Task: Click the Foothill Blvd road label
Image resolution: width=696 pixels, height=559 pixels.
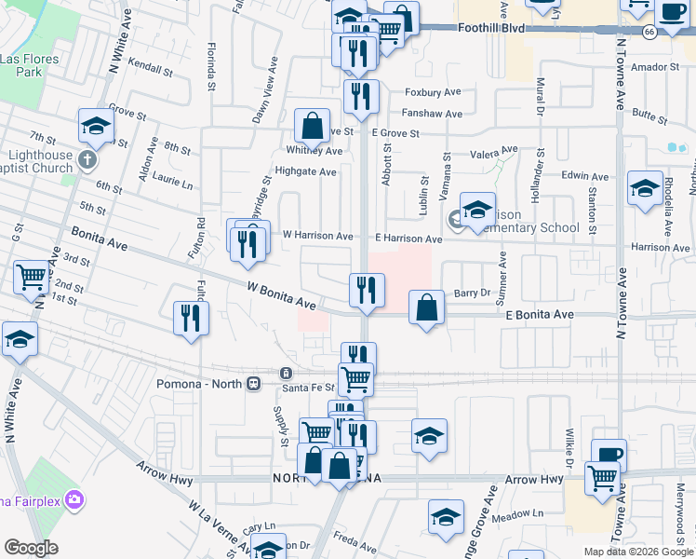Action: coord(491,29)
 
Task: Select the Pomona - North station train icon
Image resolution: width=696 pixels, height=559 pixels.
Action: coord(253,383)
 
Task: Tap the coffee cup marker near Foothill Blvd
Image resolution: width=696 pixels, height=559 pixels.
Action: coord(672,13)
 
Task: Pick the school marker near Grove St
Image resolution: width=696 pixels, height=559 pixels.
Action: coord(96,126)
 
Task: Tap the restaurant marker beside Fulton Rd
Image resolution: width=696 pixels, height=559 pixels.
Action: coord(191,317)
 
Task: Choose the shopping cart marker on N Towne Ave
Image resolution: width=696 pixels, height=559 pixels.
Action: coord(602,478)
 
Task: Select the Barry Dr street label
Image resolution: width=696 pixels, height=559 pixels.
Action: coord(472,293)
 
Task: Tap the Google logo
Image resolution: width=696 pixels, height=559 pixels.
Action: coord(31,548)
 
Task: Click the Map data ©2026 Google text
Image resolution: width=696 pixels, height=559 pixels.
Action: coord(637,552)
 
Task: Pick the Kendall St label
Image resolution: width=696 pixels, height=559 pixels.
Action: coord(152,69)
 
